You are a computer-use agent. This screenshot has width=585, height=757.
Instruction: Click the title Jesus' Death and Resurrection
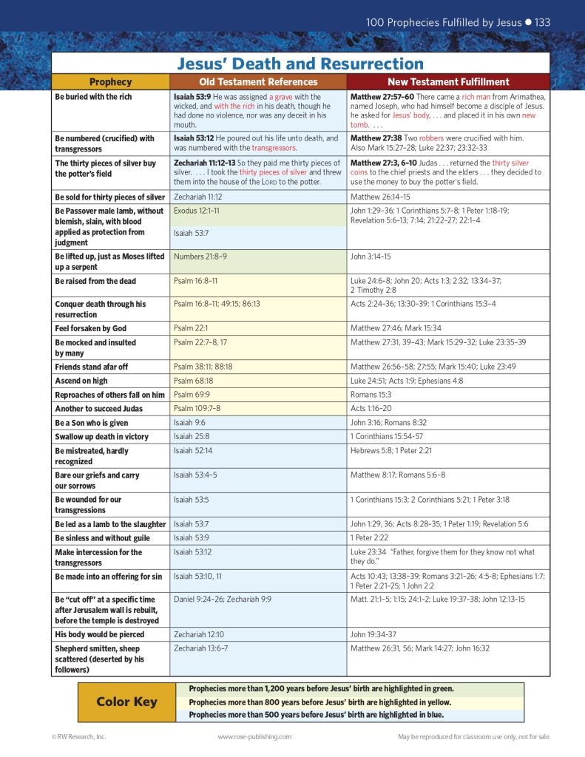pos(300,64)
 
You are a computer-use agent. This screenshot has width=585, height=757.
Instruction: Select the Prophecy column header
pos(110,82)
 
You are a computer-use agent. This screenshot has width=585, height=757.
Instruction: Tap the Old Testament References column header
pos(258,82)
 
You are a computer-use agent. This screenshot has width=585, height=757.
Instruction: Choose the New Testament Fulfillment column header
pos(448,82)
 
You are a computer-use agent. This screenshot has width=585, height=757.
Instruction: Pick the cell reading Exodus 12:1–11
pos(196,211)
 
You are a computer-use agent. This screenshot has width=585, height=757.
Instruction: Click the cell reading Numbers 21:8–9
pos(200,257)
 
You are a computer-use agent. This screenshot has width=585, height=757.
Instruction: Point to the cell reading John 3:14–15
pos(371,257)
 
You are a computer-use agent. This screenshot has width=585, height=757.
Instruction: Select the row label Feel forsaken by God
pos(90,327)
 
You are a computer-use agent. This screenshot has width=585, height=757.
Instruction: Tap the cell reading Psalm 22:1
pos(191,327)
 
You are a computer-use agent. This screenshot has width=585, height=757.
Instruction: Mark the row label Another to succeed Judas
pos(98,409)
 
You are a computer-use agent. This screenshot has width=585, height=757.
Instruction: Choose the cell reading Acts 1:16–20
pos(371,409)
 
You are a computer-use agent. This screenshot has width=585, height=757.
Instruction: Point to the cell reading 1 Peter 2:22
pos(371,538)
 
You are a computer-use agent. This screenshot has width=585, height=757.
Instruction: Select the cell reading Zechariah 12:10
pos(199,634)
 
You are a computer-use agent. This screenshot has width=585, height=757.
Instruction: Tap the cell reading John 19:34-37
pos(373,634)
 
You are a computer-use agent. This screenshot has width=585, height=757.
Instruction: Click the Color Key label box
pos(126,702)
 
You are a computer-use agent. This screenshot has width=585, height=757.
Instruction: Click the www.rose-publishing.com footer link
pos(254,736)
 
